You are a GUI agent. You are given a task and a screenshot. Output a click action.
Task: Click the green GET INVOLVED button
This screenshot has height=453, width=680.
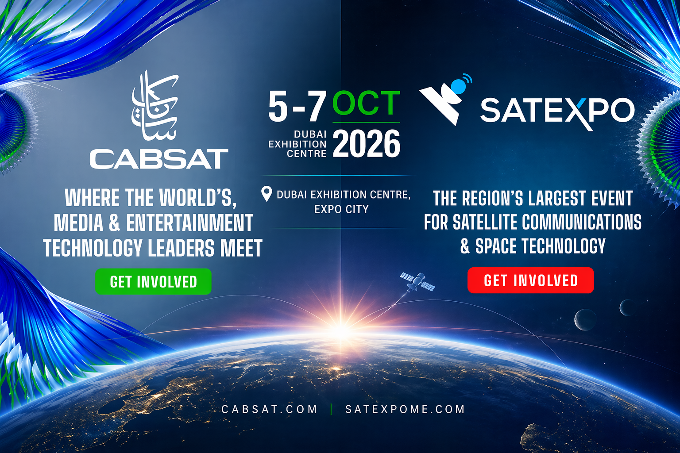pyautogui.click(x=153, y=281)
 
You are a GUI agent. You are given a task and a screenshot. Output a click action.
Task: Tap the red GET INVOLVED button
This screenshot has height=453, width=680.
pyautogui.click(x=530, y=280)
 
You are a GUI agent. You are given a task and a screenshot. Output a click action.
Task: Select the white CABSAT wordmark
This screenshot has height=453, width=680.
pyautogui.click(x=159, y=159)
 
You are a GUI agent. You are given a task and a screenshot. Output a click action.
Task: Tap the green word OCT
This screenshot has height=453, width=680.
pyautogui.click(x=366, y=104)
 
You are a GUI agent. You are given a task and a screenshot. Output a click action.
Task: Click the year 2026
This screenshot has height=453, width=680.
pyautogui.click(x=366, y=144)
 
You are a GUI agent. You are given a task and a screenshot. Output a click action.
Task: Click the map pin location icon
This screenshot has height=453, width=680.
pyautogui.click(x=266, y=194)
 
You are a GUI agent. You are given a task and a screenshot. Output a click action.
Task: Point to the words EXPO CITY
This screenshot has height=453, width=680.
pyautogui.click(x=341, y=209)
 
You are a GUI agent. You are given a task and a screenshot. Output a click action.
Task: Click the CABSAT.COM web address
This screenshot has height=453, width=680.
pyautogui.click(x=269, y=409)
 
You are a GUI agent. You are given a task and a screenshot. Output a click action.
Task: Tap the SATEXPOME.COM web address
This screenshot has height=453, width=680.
pyautogui.click(x=405, y=409)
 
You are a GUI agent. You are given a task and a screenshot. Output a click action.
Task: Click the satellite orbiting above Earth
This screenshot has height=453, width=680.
pyautogui.click(x=417, y=282)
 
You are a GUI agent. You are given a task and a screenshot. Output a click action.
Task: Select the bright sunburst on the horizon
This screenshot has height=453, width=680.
pyautogui.click(x=341, y=328)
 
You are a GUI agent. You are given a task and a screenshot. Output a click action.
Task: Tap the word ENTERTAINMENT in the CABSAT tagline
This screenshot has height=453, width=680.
pyautogui.click(x=189, y=223)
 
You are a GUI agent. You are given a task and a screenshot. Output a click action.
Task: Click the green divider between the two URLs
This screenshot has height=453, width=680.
pyautogui.click(x=331, y=409)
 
